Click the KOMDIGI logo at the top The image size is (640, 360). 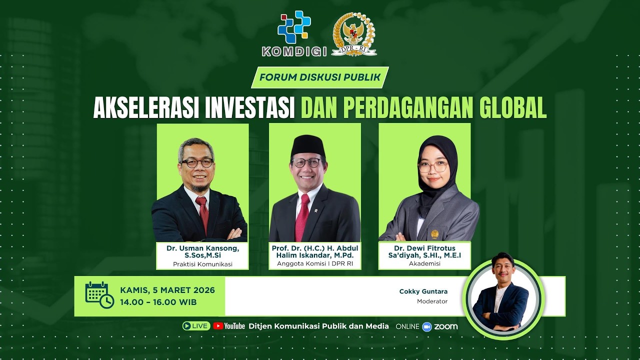(x=294, y=33)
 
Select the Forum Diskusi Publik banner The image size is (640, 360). (x=320, y=77)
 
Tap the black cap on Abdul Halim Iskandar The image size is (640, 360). (x=308, y=146)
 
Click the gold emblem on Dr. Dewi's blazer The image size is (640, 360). (x=434, y=234)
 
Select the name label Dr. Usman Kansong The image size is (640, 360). (x=203, y=248)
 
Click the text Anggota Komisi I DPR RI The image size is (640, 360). (x=315, y=264)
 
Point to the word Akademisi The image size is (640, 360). (x=424, y=263)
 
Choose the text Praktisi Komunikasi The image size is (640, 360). (x=203, y=264)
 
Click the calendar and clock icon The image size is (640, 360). (x=99, y=295)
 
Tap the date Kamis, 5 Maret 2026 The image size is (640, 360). (x=167, y=290)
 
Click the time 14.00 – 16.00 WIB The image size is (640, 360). (x=158, y=302)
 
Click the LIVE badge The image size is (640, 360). (x=196, y=326)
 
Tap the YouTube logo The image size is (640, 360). (x=229, y=326)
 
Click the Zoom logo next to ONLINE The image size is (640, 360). (x=440, y=326)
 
